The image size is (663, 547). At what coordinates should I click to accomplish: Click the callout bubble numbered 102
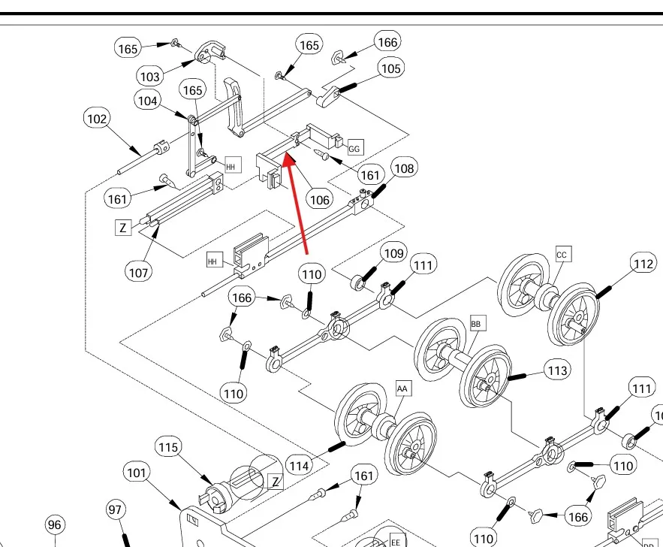[97, 119]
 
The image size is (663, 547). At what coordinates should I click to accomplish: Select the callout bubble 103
[149, 76]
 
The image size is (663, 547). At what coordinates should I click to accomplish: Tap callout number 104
[147, 99]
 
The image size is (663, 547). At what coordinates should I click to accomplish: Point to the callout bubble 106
[320, 199]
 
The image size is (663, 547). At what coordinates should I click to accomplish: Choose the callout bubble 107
[138, 272]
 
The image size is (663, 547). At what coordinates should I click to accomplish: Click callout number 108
[404, 168]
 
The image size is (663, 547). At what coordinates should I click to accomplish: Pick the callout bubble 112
[643, 264]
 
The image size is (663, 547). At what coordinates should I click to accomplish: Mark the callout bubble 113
[557, 370]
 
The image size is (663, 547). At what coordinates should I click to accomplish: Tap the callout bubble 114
[299, 466]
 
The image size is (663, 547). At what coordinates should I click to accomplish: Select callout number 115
[169, 448]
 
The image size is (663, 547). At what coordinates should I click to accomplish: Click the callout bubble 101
[136, 473]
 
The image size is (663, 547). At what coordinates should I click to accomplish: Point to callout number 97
[115, 510]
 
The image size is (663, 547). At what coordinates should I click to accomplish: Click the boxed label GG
[354, 147]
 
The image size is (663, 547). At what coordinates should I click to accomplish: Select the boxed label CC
[562, 254]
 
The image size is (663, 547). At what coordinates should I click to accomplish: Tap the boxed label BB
[477, 324]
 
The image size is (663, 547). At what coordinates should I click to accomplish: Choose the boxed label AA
[403, 388]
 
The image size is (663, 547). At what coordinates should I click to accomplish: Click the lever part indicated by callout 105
[327, 96]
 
